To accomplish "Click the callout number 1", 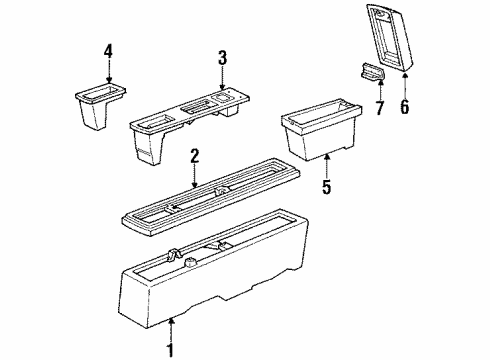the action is point(170,350).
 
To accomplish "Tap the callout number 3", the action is point(222,57).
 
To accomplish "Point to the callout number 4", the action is point(108,51).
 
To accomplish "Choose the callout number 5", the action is point(327,186).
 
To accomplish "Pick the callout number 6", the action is point(404,107).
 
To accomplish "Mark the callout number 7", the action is point(380,107).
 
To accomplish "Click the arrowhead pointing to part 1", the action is point(171,321).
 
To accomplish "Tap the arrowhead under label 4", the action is point(109,79).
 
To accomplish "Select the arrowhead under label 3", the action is point(222,87).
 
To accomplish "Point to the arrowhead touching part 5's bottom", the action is point(327,156).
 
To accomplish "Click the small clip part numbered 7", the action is point(372,72).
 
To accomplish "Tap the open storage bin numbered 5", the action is point(321,129).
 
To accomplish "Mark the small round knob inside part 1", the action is point(190,263).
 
